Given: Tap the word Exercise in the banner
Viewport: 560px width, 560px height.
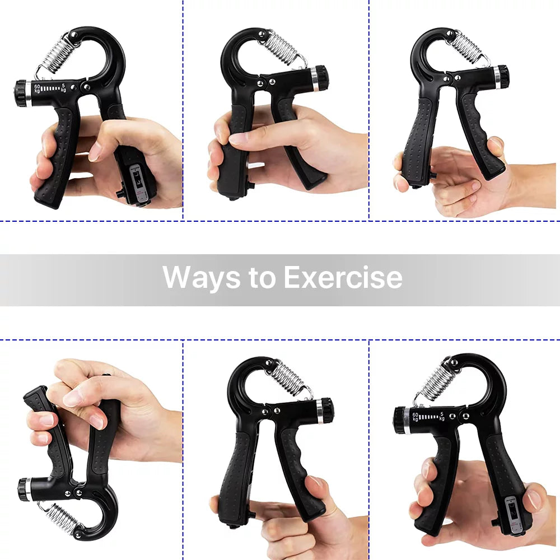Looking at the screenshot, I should (343, 277).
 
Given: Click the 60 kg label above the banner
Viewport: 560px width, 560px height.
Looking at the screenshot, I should (37, 88).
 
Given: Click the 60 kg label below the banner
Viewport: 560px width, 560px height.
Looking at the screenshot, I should (415, 417).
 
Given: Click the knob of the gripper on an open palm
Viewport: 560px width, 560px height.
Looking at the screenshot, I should (501, 77).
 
